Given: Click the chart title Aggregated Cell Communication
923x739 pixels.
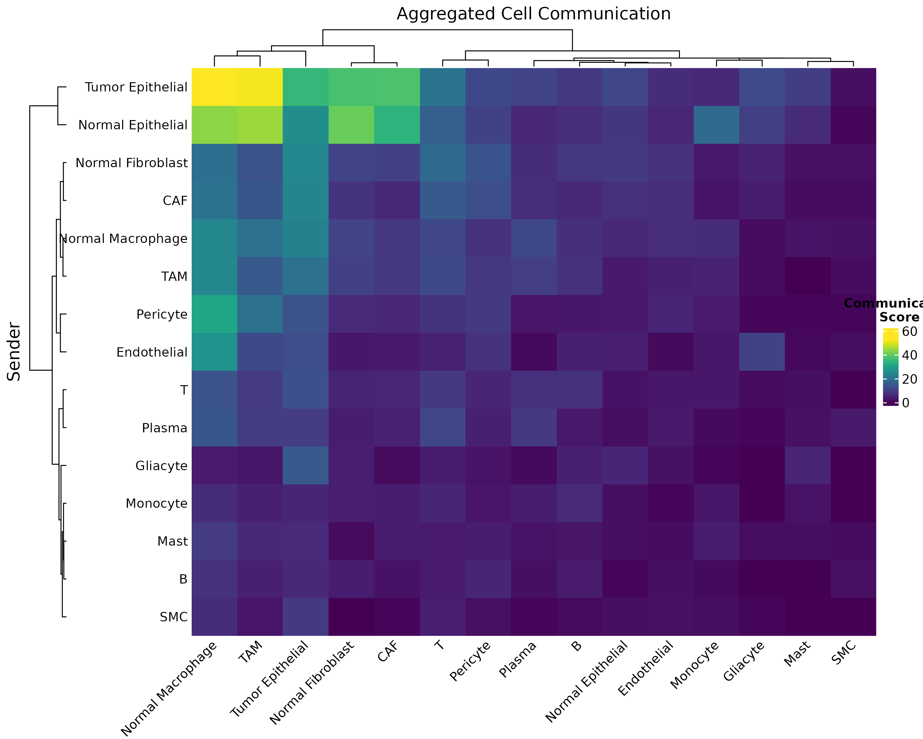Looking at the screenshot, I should point(533,14).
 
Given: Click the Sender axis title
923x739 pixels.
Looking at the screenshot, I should point(14,352).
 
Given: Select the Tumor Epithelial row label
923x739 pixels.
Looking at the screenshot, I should point(136,87).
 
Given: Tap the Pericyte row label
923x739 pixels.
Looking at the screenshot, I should point(162,314).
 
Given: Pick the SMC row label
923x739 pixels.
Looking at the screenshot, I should point(174,617).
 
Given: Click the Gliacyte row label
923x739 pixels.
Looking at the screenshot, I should point(162,466).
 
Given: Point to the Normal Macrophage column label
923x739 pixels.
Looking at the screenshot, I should point(169,689).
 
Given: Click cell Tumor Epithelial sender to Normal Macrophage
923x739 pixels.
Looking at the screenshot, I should point(214,87).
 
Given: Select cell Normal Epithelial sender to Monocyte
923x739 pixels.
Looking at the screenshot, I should point(716,125).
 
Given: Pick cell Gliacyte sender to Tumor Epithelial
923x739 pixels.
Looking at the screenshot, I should point(306,465).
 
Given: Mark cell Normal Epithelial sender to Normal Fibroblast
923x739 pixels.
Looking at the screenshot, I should point(351,125).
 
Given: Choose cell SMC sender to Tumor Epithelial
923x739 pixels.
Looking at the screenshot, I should point(306,616).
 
